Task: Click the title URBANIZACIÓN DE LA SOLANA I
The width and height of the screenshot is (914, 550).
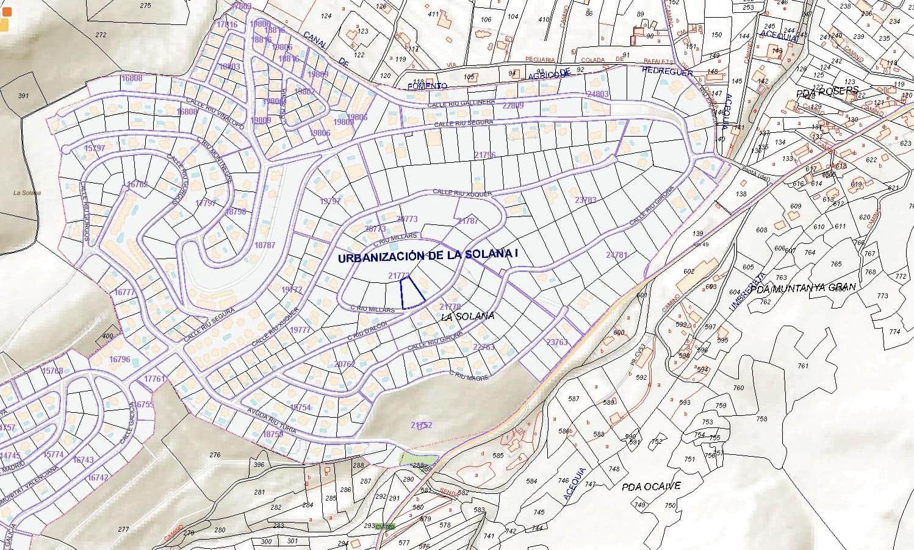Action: (x=428, y=257)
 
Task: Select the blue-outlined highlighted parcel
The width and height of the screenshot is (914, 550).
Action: (x=411, y=292)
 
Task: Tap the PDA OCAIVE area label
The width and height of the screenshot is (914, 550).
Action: (x=651, y=487)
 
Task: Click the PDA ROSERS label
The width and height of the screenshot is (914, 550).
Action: (x=828, y=91)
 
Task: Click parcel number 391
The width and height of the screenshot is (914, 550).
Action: (x=23, y=96)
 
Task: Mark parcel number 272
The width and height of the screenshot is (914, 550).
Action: (x=101, y=35)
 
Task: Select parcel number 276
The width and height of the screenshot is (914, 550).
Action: (x=215, y=455)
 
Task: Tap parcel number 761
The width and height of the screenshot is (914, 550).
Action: (x=802, y=366)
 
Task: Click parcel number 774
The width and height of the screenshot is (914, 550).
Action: (x=894, y=332)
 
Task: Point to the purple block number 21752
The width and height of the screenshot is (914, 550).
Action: (x=421, y=424)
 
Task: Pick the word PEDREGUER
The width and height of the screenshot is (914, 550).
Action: (x=668, y=71)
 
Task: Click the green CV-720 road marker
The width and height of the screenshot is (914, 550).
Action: (x=386, y=526)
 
